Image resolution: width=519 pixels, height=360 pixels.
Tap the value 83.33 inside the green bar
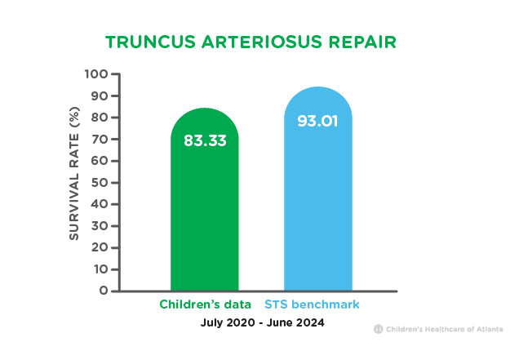click(x=205, y=140)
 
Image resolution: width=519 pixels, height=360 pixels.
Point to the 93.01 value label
click(x=317, y=121)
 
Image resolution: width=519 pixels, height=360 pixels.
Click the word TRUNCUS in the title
click(x=151, y=42)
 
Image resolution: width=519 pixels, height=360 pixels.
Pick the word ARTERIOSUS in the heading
click(x=262, y=42)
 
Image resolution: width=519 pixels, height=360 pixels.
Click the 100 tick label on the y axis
click(x=96, y=73)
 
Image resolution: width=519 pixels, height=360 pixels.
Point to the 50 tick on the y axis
click(x=100, y=183)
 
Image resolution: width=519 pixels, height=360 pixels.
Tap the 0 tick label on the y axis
click(x=104, y=291)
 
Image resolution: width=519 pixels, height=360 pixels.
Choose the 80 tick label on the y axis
click(x=100, y=118)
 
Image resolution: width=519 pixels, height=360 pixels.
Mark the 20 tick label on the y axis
click(x=100, y=247)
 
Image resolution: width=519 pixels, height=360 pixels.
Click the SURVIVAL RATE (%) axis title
click(x=74, y=173)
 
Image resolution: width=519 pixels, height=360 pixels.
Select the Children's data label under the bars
click(x=205, y=304)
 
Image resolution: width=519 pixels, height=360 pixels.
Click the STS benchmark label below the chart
click(x=312, y=304)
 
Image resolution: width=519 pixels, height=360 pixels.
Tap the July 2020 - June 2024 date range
click(x=263, y=322)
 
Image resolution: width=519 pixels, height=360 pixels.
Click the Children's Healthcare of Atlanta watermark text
click(x=445, y=329)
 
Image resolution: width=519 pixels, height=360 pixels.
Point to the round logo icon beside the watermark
click(x=379, y=329)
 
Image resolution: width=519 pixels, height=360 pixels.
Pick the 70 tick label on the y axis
click(x=100, y=139)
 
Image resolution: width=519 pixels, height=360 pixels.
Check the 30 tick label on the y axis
click(x=100, y=226)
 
